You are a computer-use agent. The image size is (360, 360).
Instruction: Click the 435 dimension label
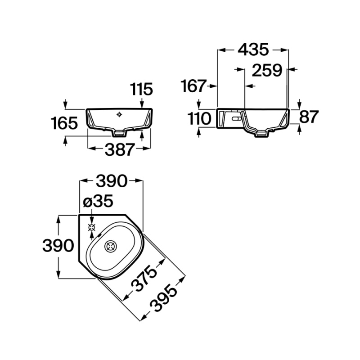pyautogui.click(x=253, y=49)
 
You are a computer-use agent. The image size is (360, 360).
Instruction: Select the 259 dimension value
pyautogui.click(x=267, y=70)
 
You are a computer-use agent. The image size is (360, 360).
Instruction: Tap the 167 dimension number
pyautogui.click(x=193, y=86)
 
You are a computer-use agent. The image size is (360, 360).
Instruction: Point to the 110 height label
pyautogui.click(x=199, y=119)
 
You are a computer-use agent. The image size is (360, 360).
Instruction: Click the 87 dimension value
pyautogui.click(x=309, y=117)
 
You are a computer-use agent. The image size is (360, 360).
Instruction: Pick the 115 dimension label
pyautogui.click(x=141, y=89)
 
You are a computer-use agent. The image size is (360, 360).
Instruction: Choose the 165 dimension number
pyautogui.click(x=64, y=123)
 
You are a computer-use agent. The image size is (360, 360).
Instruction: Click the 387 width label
pyautogui.click(x=119, y=149)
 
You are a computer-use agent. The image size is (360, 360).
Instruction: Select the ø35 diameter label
pyautogui.click(x=98, y=201)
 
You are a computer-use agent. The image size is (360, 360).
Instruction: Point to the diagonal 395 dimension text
pyautogui.click(x=164, y=298)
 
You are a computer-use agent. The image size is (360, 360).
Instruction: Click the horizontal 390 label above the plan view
pyautogui.click(x=111, y=181)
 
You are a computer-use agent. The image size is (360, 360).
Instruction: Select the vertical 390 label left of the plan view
pyautogui.click(x=58, y=245)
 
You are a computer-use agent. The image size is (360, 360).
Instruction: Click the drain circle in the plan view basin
pyautogui.click(x=111, y=246)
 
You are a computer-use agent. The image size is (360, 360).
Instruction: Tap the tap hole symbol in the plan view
pyautogui.click(x=92, y=228)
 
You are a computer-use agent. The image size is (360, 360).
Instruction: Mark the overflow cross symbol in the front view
pyautogui.click(x=119, y=114)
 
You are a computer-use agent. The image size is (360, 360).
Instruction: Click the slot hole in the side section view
pyautogui.click(x=236, y=119)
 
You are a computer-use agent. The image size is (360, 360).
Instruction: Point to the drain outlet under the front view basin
pyautogui.click(x=119, y=133)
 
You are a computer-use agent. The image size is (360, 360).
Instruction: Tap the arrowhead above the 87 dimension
pyautogui.click(x=299, y=106)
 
